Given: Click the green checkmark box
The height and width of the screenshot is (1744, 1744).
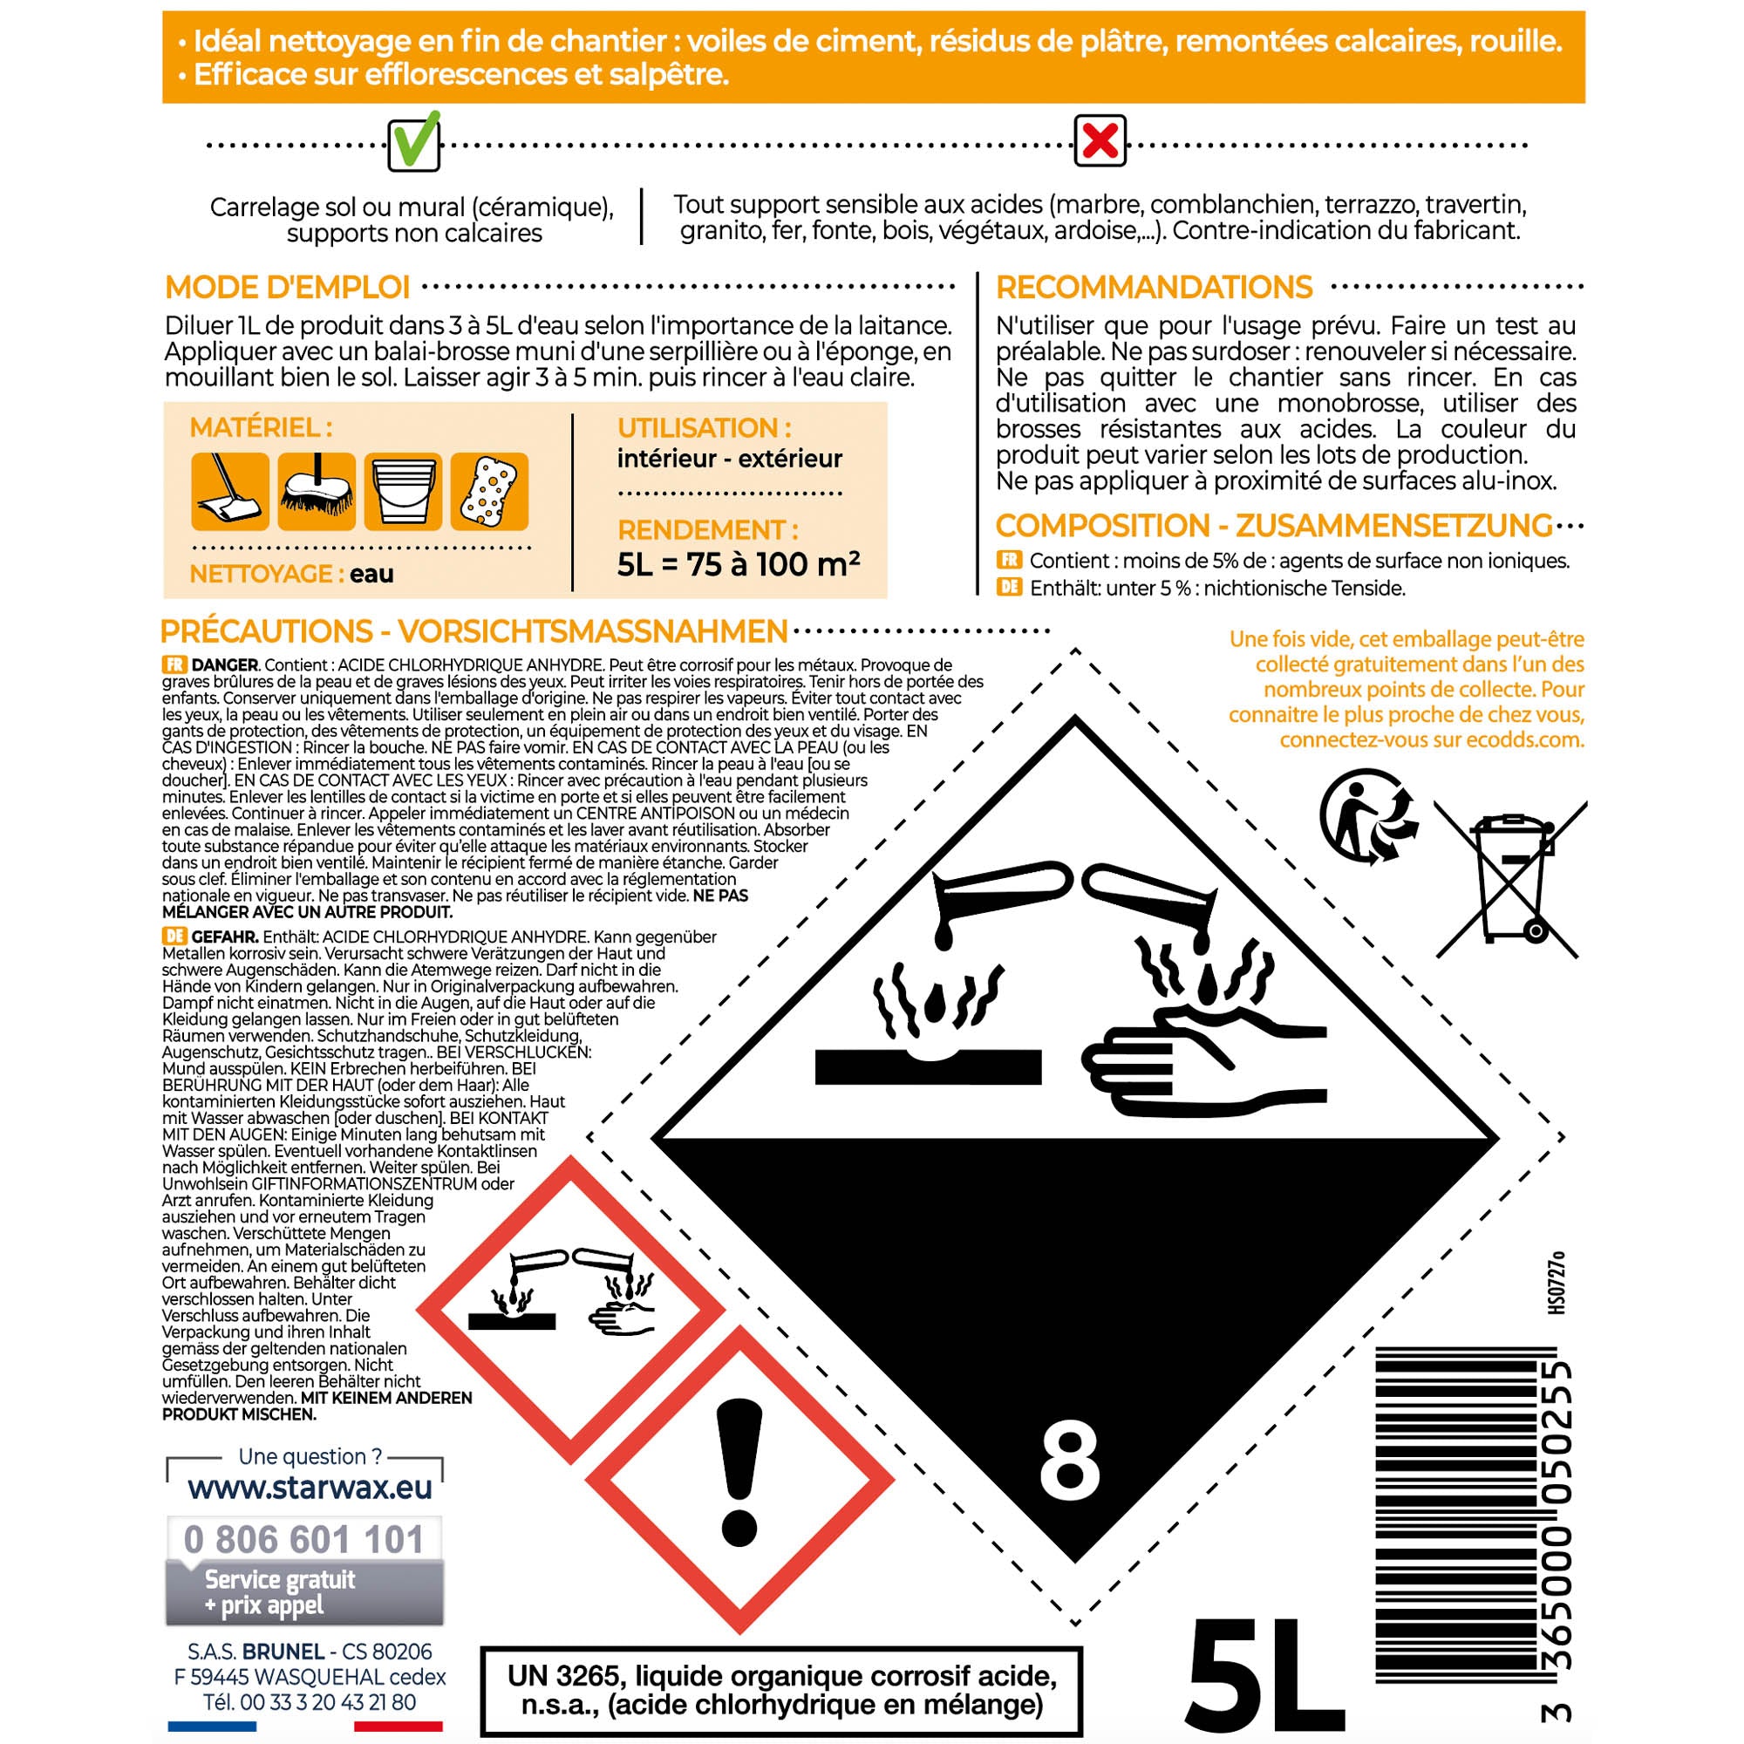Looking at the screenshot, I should tap(413, 143).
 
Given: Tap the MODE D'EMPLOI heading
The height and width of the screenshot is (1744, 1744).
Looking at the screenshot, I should tap(287, 287).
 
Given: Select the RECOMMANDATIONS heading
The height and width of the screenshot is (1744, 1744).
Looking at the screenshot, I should tap(1154, 287).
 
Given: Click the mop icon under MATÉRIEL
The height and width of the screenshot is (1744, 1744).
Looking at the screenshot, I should tap(230, 492).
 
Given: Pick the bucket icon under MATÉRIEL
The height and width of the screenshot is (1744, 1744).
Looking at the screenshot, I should tap(403, 492).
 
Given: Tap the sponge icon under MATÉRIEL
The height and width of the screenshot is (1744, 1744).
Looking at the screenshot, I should tap(489, 492).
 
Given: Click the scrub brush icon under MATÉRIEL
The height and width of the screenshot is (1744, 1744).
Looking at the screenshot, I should tap(316, 492).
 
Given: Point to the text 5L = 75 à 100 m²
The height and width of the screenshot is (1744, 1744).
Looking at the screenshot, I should tap(738, 564).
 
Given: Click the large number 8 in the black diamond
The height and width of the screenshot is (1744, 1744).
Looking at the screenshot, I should tap(1070, 1461).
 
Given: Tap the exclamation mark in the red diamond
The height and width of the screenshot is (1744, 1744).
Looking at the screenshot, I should tap(739, 1472).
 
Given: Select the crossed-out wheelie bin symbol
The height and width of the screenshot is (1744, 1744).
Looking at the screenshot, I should tap(1509, 878).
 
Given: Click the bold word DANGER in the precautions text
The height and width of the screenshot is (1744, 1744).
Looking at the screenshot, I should tap(225, 665).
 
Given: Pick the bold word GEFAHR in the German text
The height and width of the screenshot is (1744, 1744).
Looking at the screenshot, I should tap(225, 937).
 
